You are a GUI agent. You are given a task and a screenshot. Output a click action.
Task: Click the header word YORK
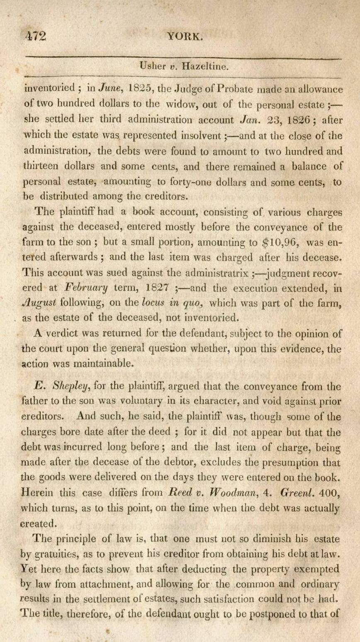click(x=185, y=36)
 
